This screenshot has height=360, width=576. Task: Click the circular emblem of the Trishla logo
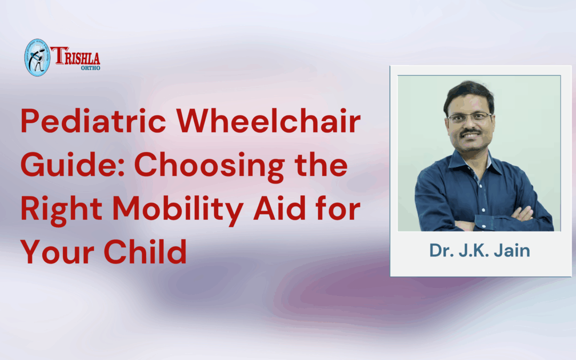(37, 57)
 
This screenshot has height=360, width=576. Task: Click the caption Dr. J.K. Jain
(479, 250)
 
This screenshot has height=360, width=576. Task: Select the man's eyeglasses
(469, 117)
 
